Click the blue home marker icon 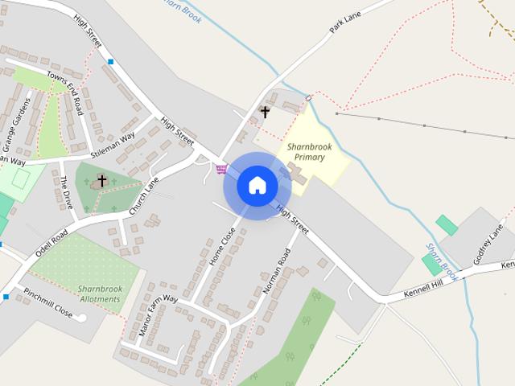coord(257,185)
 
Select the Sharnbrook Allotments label coord(99,294)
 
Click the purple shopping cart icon coord(221,169)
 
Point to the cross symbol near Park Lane coord(265,112)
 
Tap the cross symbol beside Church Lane coord(102,180)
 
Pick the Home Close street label coord(222,247)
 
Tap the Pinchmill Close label coord(47,302)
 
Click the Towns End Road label coord(64,89)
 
